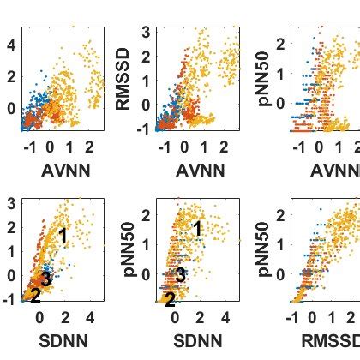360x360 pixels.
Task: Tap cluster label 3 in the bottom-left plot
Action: point(47,279)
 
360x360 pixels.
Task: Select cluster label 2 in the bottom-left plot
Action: point(35,296)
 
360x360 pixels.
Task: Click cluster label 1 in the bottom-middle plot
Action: point(197,228)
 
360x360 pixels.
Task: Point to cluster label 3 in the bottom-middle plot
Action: point(180,275)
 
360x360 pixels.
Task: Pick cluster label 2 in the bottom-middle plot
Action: point(169,299)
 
